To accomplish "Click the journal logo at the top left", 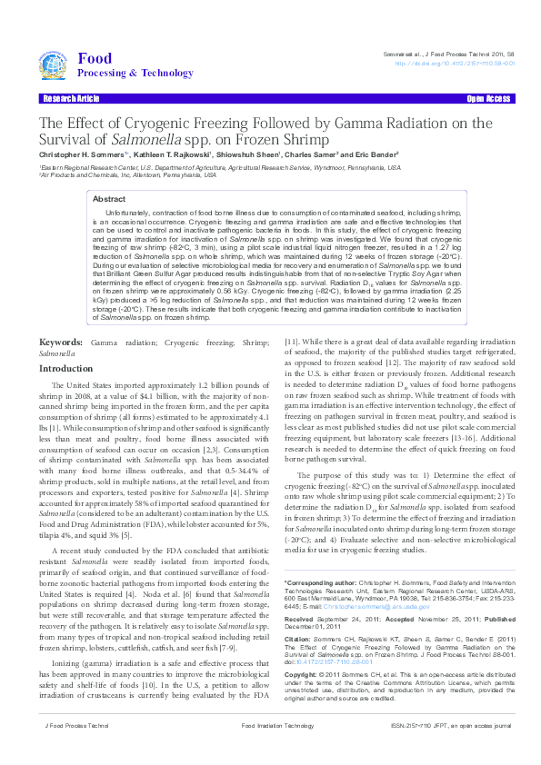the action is point(55,65).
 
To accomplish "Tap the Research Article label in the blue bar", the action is point(70,97).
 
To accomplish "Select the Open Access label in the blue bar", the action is point(488,97).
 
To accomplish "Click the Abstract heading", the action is point(109,198).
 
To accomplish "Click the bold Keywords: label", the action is point(61,342).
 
